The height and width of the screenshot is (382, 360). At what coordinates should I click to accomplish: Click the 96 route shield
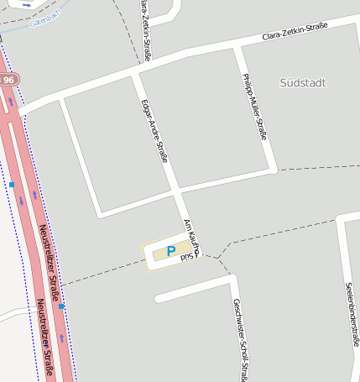coord(8,79)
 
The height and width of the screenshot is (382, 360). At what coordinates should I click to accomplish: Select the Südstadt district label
coord(302,82)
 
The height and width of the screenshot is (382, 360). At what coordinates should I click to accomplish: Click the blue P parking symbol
coord(171,251)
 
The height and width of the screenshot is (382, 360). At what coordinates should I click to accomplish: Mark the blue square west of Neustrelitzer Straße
coord(12,184)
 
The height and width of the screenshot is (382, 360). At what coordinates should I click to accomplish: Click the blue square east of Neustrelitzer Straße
coord(61,306)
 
